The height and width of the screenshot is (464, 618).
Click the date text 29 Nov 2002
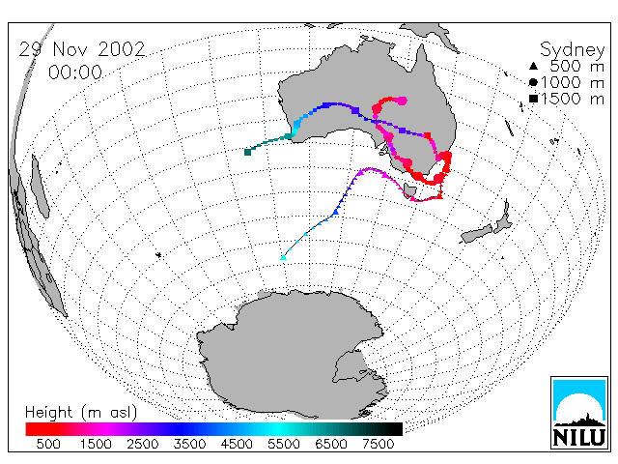click(82, 49)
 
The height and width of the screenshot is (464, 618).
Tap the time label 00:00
click(75, 72)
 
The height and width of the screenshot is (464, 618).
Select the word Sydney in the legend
click(573, 50)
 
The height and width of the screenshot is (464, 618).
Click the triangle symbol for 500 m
click(533, 66)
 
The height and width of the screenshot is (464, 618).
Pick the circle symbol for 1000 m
click(533, 82)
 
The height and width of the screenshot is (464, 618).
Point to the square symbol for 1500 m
click(533, 99)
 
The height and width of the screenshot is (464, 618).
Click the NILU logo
click(579, 413)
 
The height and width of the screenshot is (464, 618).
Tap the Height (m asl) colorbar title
click(81, 413)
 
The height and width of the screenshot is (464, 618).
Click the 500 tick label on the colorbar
click(48, 445)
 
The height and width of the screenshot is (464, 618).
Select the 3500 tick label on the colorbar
click(189, 445)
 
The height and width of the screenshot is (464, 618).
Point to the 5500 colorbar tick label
click(284, 445)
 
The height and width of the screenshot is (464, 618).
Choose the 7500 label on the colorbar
click(378, 445)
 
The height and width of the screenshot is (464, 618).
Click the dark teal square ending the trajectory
click(247, 152)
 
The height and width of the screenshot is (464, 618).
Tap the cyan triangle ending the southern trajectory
click(283, 258)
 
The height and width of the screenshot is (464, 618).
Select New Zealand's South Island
click(478, 234)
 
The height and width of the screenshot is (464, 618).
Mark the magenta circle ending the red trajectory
click(402, 101)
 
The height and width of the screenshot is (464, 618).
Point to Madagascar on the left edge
click(41, 186)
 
